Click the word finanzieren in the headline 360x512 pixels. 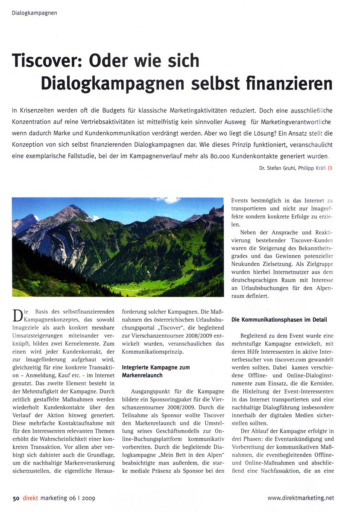click(291, 83)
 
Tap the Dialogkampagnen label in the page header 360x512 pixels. click(34, 13)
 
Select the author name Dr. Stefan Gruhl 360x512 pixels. click(277, 168)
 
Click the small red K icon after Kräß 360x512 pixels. click(330, 168)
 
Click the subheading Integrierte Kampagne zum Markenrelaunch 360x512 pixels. click(156, 371)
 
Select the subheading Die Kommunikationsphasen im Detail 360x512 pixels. click(279, 319)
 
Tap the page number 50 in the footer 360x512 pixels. click(16, 497)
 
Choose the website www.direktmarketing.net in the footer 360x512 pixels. click(301, 497)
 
